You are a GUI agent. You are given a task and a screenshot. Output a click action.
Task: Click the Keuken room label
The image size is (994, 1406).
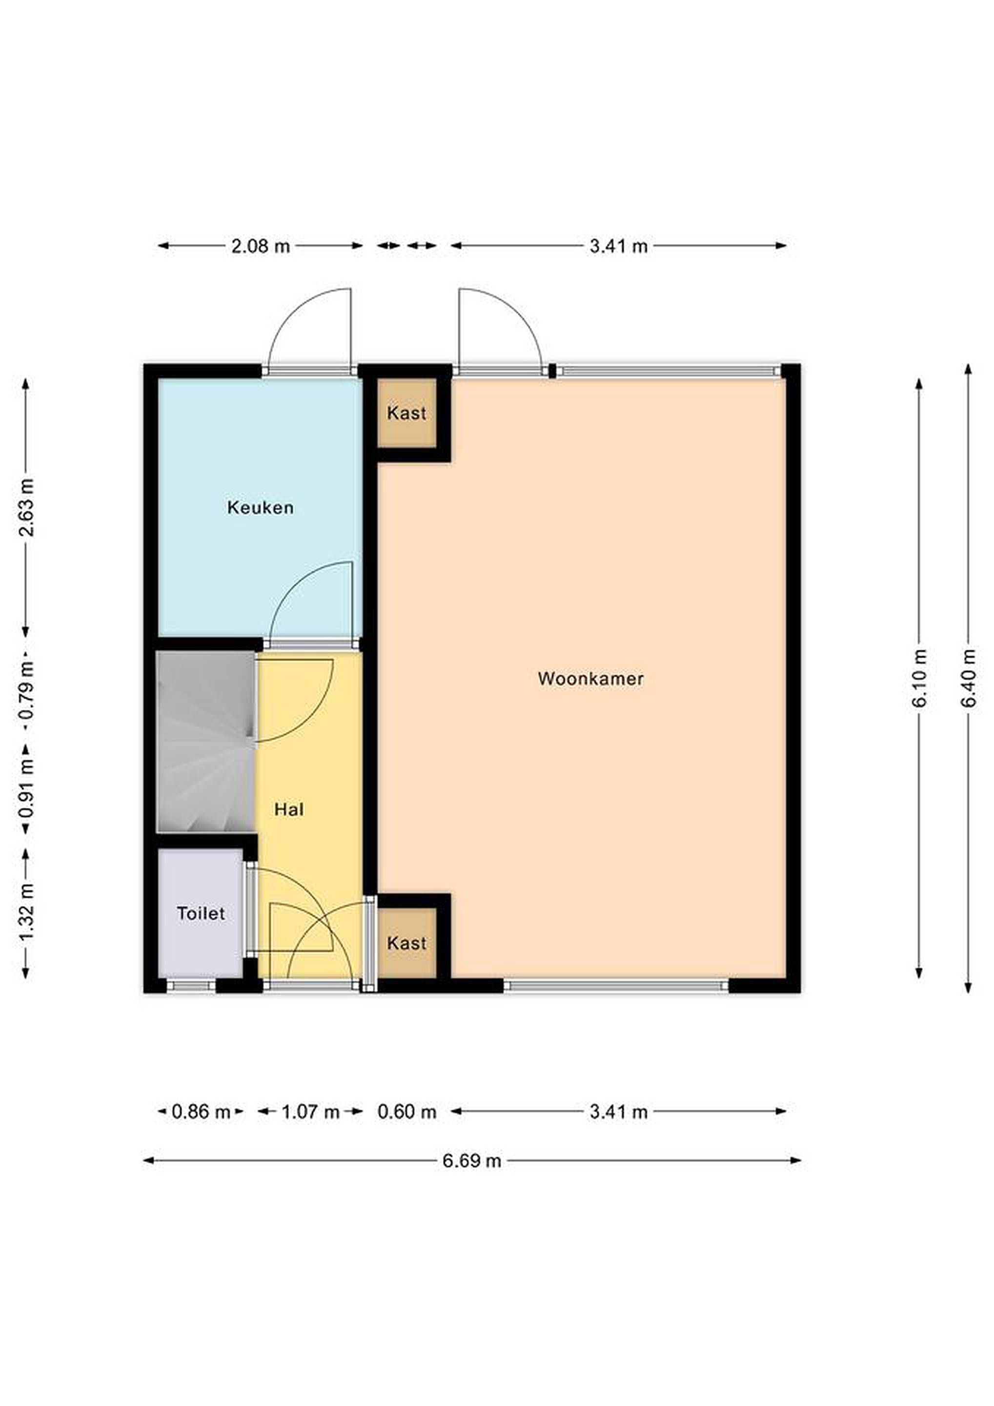(260, 508)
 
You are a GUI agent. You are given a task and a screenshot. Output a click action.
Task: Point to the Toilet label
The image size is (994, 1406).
(201, 913)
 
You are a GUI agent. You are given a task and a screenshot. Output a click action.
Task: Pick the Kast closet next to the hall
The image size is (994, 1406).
(406, 943)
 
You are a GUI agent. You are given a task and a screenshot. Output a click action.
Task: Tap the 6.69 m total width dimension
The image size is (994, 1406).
(472, 1160)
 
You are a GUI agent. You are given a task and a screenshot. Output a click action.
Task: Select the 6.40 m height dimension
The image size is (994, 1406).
(968, 678)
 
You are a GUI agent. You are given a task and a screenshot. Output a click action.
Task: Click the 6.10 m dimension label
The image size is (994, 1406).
(919, 678)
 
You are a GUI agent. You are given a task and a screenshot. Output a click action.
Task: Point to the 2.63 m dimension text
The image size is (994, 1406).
(26, 507)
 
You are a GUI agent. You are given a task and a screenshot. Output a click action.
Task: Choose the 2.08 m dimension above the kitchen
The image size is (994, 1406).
(260, 246)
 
